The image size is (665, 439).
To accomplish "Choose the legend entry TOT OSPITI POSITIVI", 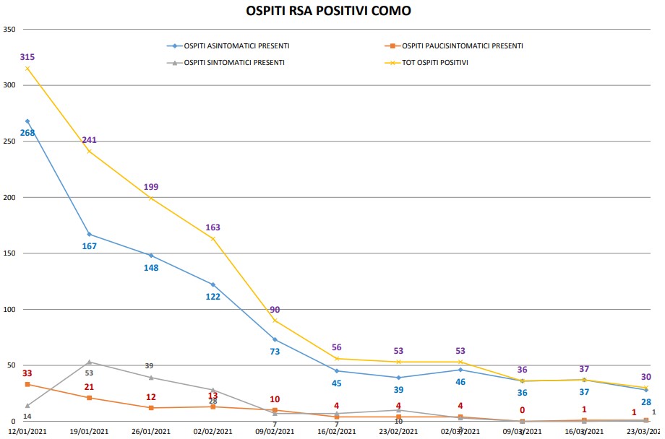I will [434, 62].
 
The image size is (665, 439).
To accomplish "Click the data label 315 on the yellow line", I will [27, 57].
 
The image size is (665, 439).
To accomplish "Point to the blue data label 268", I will [27, 133].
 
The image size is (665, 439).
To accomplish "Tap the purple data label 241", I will [89, 140].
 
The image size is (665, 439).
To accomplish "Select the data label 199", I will [151, 187].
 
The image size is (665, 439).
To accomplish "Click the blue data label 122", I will [213, 297].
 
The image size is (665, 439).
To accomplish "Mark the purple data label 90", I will [275, 310].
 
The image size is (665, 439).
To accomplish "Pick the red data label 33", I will [27, 373].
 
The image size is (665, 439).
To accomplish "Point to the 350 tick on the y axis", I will [9, 30].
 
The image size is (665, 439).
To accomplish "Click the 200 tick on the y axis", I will [9, 197].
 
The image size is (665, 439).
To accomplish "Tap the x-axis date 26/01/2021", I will [151, 431].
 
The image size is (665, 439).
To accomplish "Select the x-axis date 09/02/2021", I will [275, 431].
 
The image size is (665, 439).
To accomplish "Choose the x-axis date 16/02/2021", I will [337, 431].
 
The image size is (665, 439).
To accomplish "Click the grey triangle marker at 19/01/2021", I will [89, 362].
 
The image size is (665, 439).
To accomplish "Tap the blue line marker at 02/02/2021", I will [213, 284].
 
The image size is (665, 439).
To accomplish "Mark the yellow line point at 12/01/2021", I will [27, 69].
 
